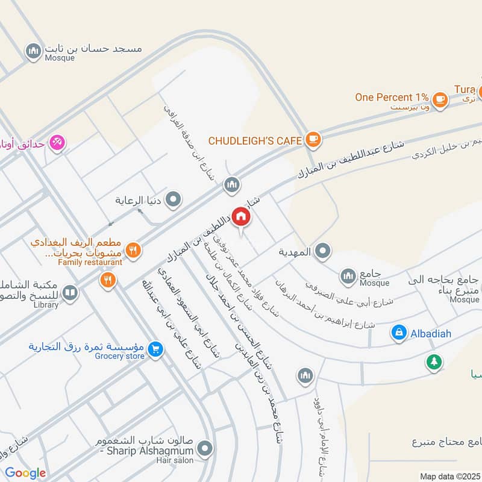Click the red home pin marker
pyautogui.click(x=241, y=216)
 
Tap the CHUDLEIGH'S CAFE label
pyautogui.click(x=255, y=140)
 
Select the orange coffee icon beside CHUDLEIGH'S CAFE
pyautogui.click(x=313, y=140)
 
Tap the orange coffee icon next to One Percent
pyautogui.click(x=440, y=98)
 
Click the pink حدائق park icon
pyautogui.click(x=58, y=142)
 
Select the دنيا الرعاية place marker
pyautogui.click(x=174, y=199)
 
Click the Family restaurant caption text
pyautogui.click(x=90, y=262)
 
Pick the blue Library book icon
pyautogui.click(x=70, y=293)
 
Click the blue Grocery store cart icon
pyautogui.click(x=155, y=349)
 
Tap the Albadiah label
pyautogui.click(x=432, y=333)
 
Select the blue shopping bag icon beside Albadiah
pyautogui.click(x=398, y=333)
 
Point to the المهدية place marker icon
pyautogui.click(x=323, y=251)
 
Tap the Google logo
pyautogui.click(x=25, y=473)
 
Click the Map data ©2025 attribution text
pyautogui.click(x=449, y=476)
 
